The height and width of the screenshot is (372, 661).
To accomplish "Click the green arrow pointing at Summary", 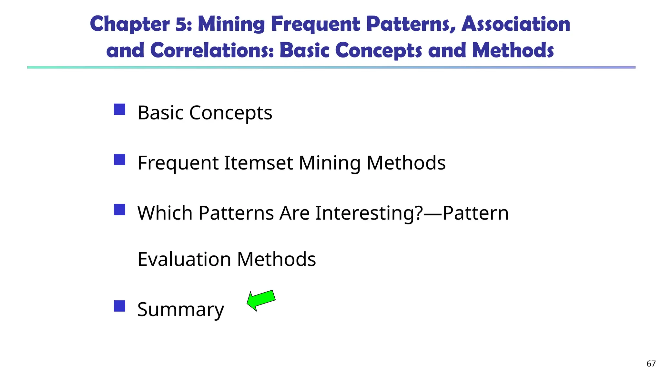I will pos(261,300).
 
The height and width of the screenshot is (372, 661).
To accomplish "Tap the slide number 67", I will pos(651,364).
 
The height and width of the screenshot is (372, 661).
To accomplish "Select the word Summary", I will pos(180,309).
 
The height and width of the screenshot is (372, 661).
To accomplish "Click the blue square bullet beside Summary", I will pos(119,306).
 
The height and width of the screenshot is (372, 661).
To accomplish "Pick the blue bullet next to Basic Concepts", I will pos(119,109).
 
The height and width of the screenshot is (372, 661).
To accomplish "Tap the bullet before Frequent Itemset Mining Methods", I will pos(119,160).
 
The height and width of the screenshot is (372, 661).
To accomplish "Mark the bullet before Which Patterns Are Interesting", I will pos(119,210).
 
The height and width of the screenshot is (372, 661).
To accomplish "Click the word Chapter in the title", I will pos(130,24).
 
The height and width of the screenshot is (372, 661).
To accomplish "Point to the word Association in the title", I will pos(516,24).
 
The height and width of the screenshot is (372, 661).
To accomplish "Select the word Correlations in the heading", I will pos(212,50).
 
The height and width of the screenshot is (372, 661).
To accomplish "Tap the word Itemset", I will pos(259,162).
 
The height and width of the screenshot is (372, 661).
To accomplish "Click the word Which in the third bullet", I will pos(165,213).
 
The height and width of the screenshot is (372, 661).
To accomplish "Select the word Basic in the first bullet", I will pos(160,113).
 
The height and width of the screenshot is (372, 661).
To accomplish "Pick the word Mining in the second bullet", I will pos(330,163).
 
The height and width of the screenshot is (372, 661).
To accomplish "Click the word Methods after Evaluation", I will pos(276,259).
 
